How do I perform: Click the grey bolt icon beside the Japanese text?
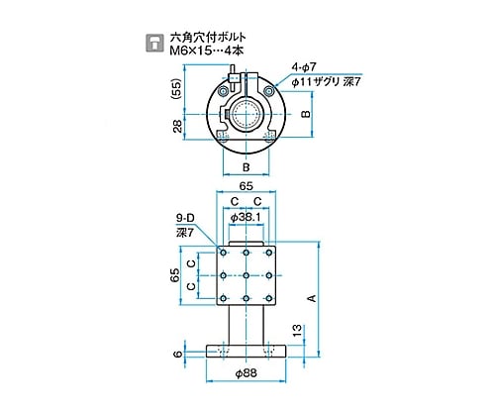tap(154, 43)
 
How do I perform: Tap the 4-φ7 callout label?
tap(304, 67)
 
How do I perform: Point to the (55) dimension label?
tap(177, 89)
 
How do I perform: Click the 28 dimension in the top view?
tap(177, 126)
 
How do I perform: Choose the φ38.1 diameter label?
tap(246, 218)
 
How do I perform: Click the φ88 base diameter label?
tap(246, 373)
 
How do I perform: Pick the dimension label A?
tap(312, 298)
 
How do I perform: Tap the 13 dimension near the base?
tap(297, 331)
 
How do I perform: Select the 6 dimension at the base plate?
tap(177, 355)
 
